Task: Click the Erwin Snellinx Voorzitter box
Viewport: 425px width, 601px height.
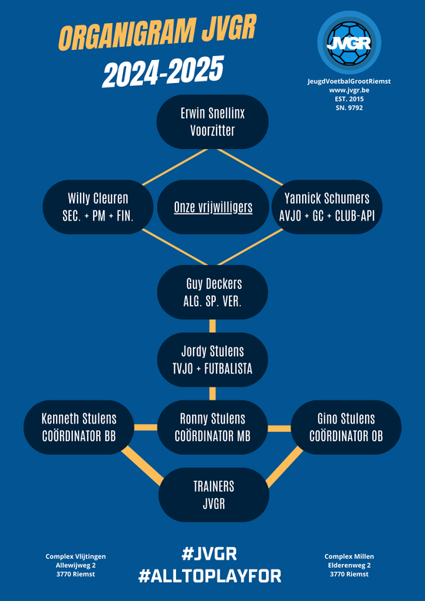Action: pyautogui.click(x=212, y=122)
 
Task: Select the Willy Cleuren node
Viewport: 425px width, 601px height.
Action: pyautogui.click(x=98, y=207)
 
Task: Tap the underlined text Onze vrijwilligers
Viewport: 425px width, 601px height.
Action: pyautogui.click(x=213, y=208)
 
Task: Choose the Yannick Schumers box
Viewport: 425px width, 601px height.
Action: pyautogui.click(x=327, y=207)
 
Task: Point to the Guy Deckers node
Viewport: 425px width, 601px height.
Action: pyautogui.click(x=212, y=292)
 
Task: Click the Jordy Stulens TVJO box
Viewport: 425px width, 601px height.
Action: pyautogui.click(x=212, y=360)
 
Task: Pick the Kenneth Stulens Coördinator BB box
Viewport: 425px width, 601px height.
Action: pyautogui.click(x=79, y=427)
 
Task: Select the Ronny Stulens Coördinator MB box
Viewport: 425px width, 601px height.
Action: pyautogui.click(x=212, y=427)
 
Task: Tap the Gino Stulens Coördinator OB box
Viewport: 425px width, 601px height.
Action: pyautogui.click(x=346, y=427)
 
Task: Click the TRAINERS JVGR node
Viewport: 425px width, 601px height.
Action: pyautogui.click(x=214, y=495)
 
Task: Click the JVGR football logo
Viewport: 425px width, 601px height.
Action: pyautogui.click(x=349, y=42)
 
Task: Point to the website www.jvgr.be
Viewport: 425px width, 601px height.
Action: pyautogui.click(x=349, y=91)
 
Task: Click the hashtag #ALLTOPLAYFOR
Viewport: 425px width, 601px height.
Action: pyautogui.click(x=210, y=576)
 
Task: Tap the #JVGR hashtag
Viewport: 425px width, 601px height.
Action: pyautogui.click(x=209, y=554)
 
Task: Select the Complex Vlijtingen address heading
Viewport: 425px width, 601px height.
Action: pyautogui.click(x=76, y=556)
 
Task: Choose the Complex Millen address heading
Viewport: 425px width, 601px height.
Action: pyautogui.click(x=349, y=556)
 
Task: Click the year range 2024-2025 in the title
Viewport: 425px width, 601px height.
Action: pyautogui.click(x=163, y=71)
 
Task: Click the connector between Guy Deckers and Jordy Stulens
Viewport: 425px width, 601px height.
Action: pyautogui.click(x=212, y=326)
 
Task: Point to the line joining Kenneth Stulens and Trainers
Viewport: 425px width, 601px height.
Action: pyautogui.click(x=143, y=466)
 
